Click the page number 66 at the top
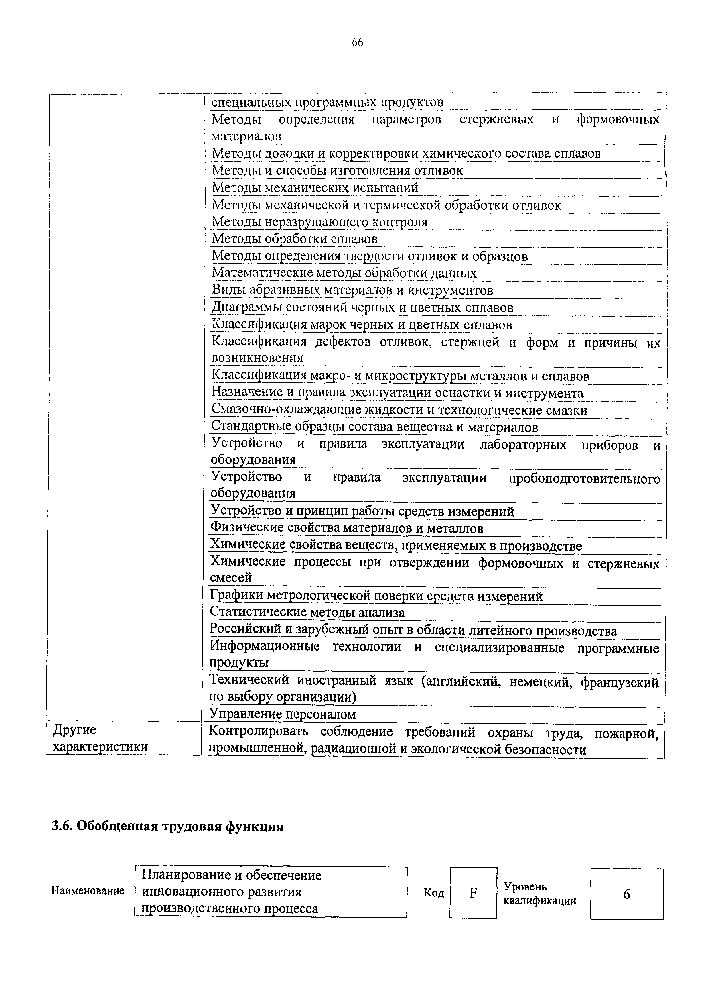357,42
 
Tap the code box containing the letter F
473,893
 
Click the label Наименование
88,891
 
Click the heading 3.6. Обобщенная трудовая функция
167,827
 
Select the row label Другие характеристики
100,739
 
